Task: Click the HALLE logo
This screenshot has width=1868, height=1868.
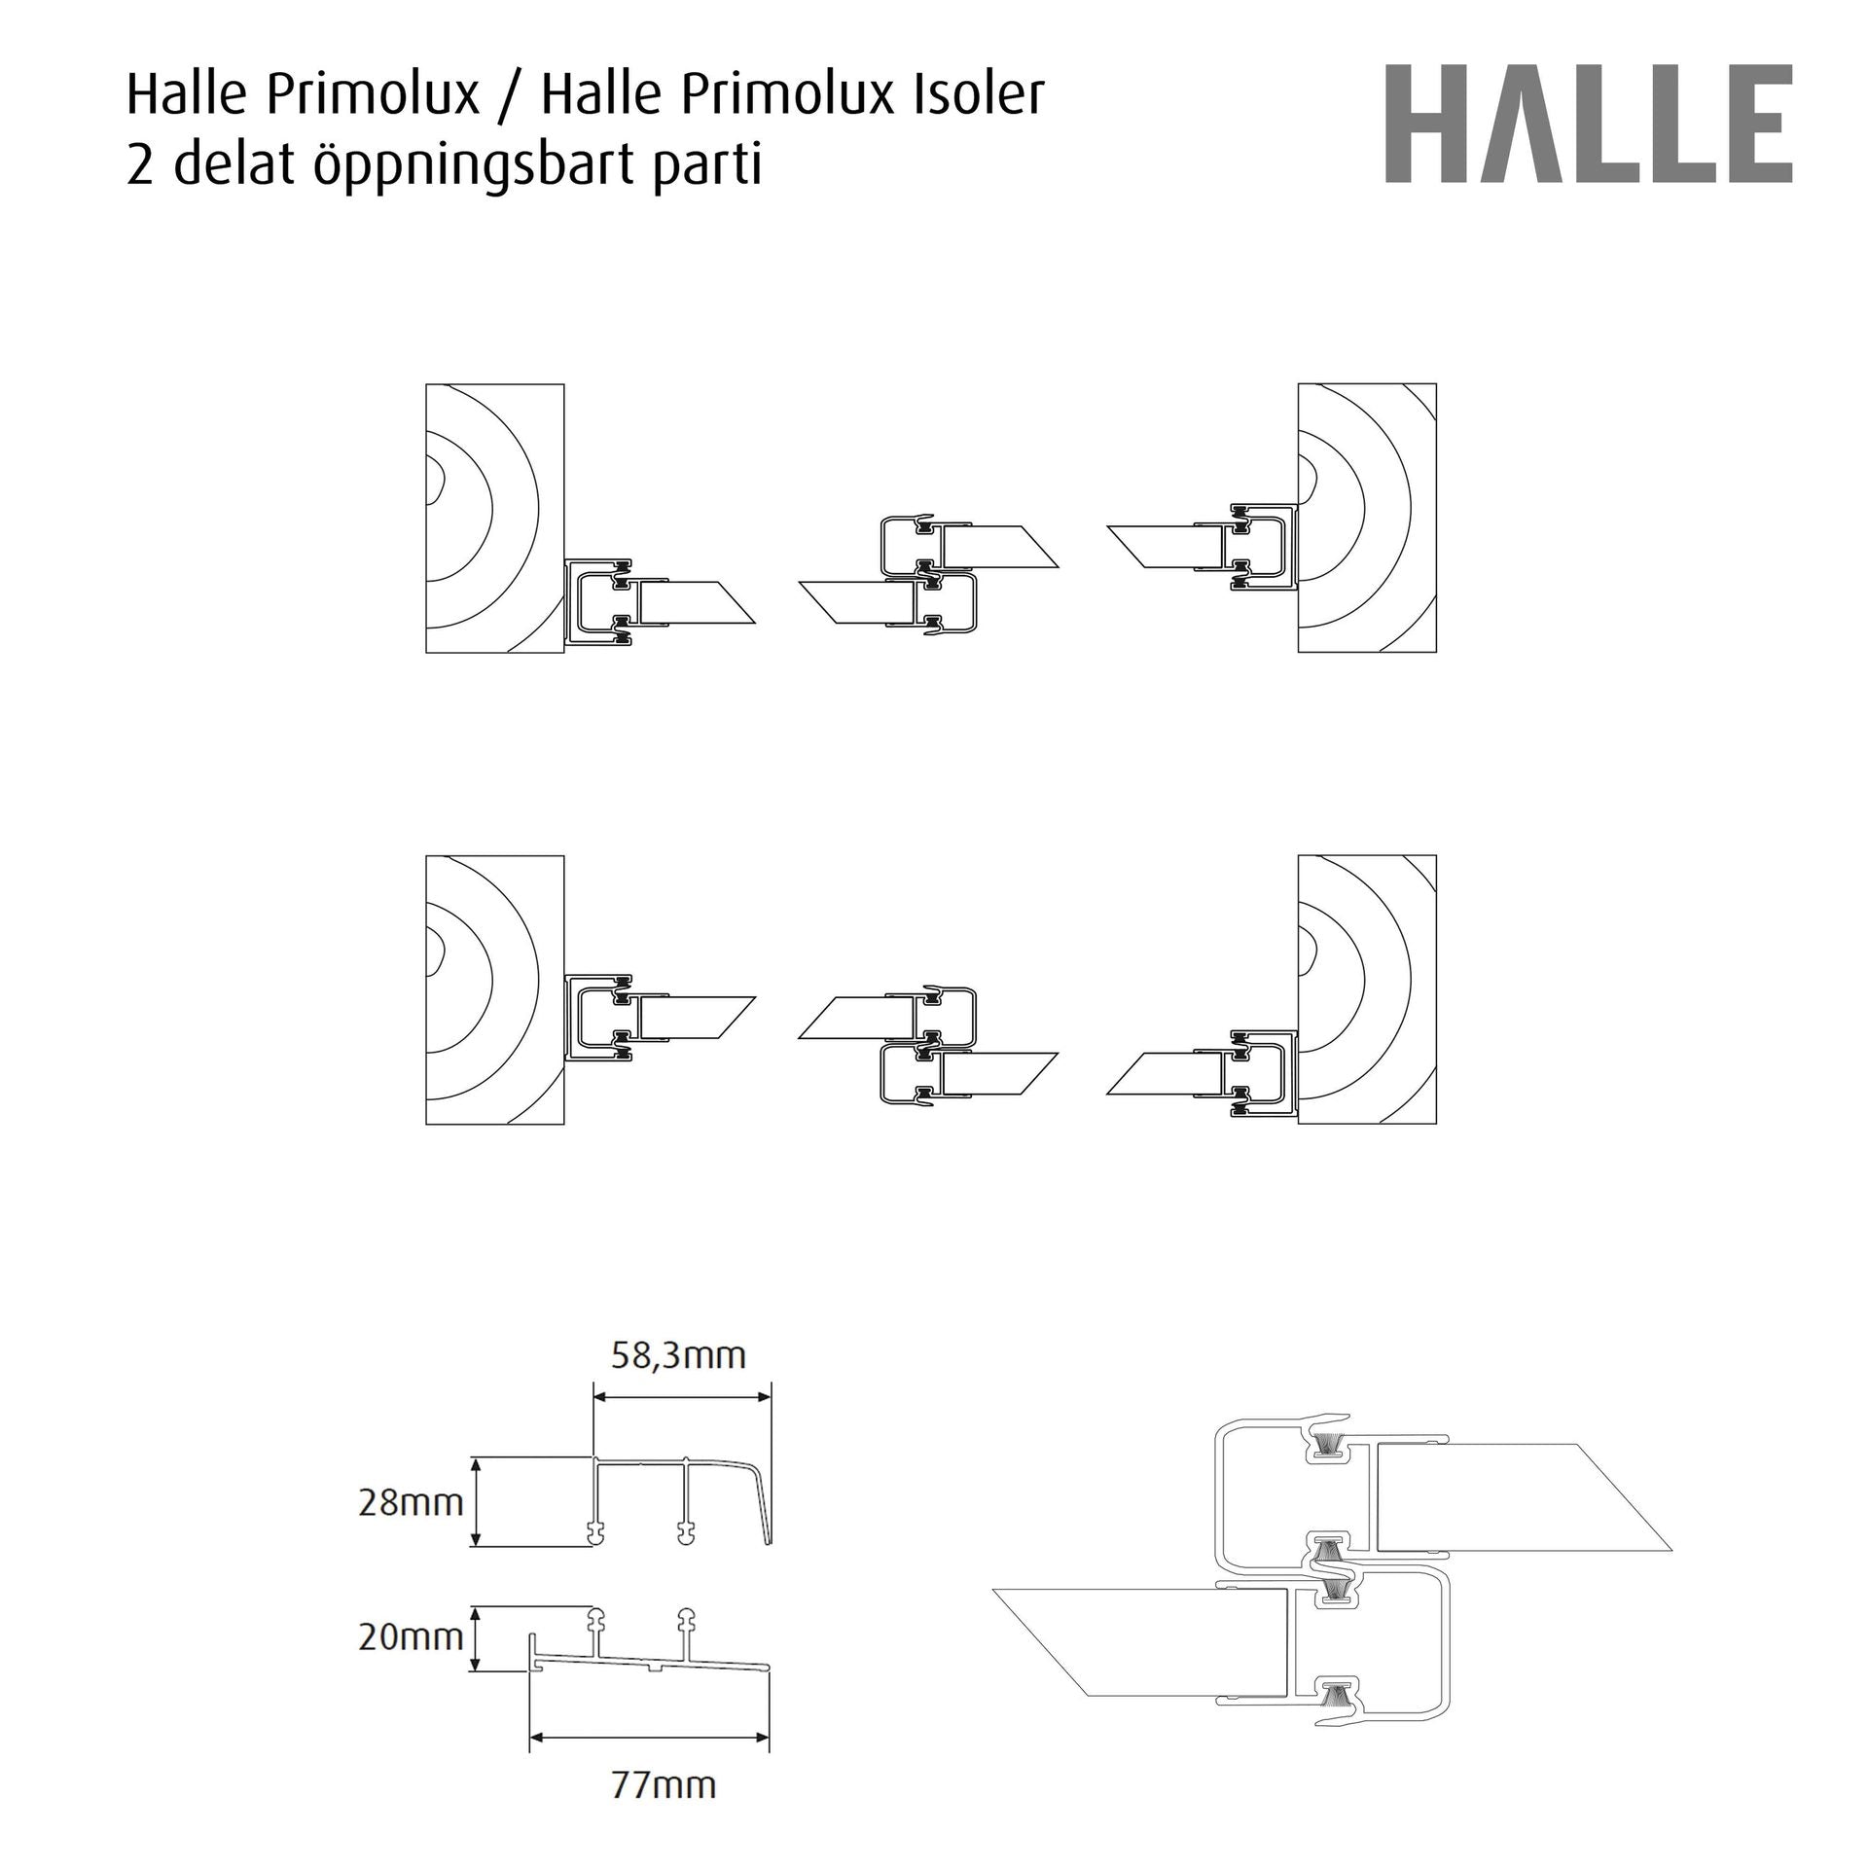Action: pos(1588,124)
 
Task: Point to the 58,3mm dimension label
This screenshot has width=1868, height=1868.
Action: pos(678,1355)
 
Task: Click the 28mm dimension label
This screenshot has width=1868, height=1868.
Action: pos(411,1503)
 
